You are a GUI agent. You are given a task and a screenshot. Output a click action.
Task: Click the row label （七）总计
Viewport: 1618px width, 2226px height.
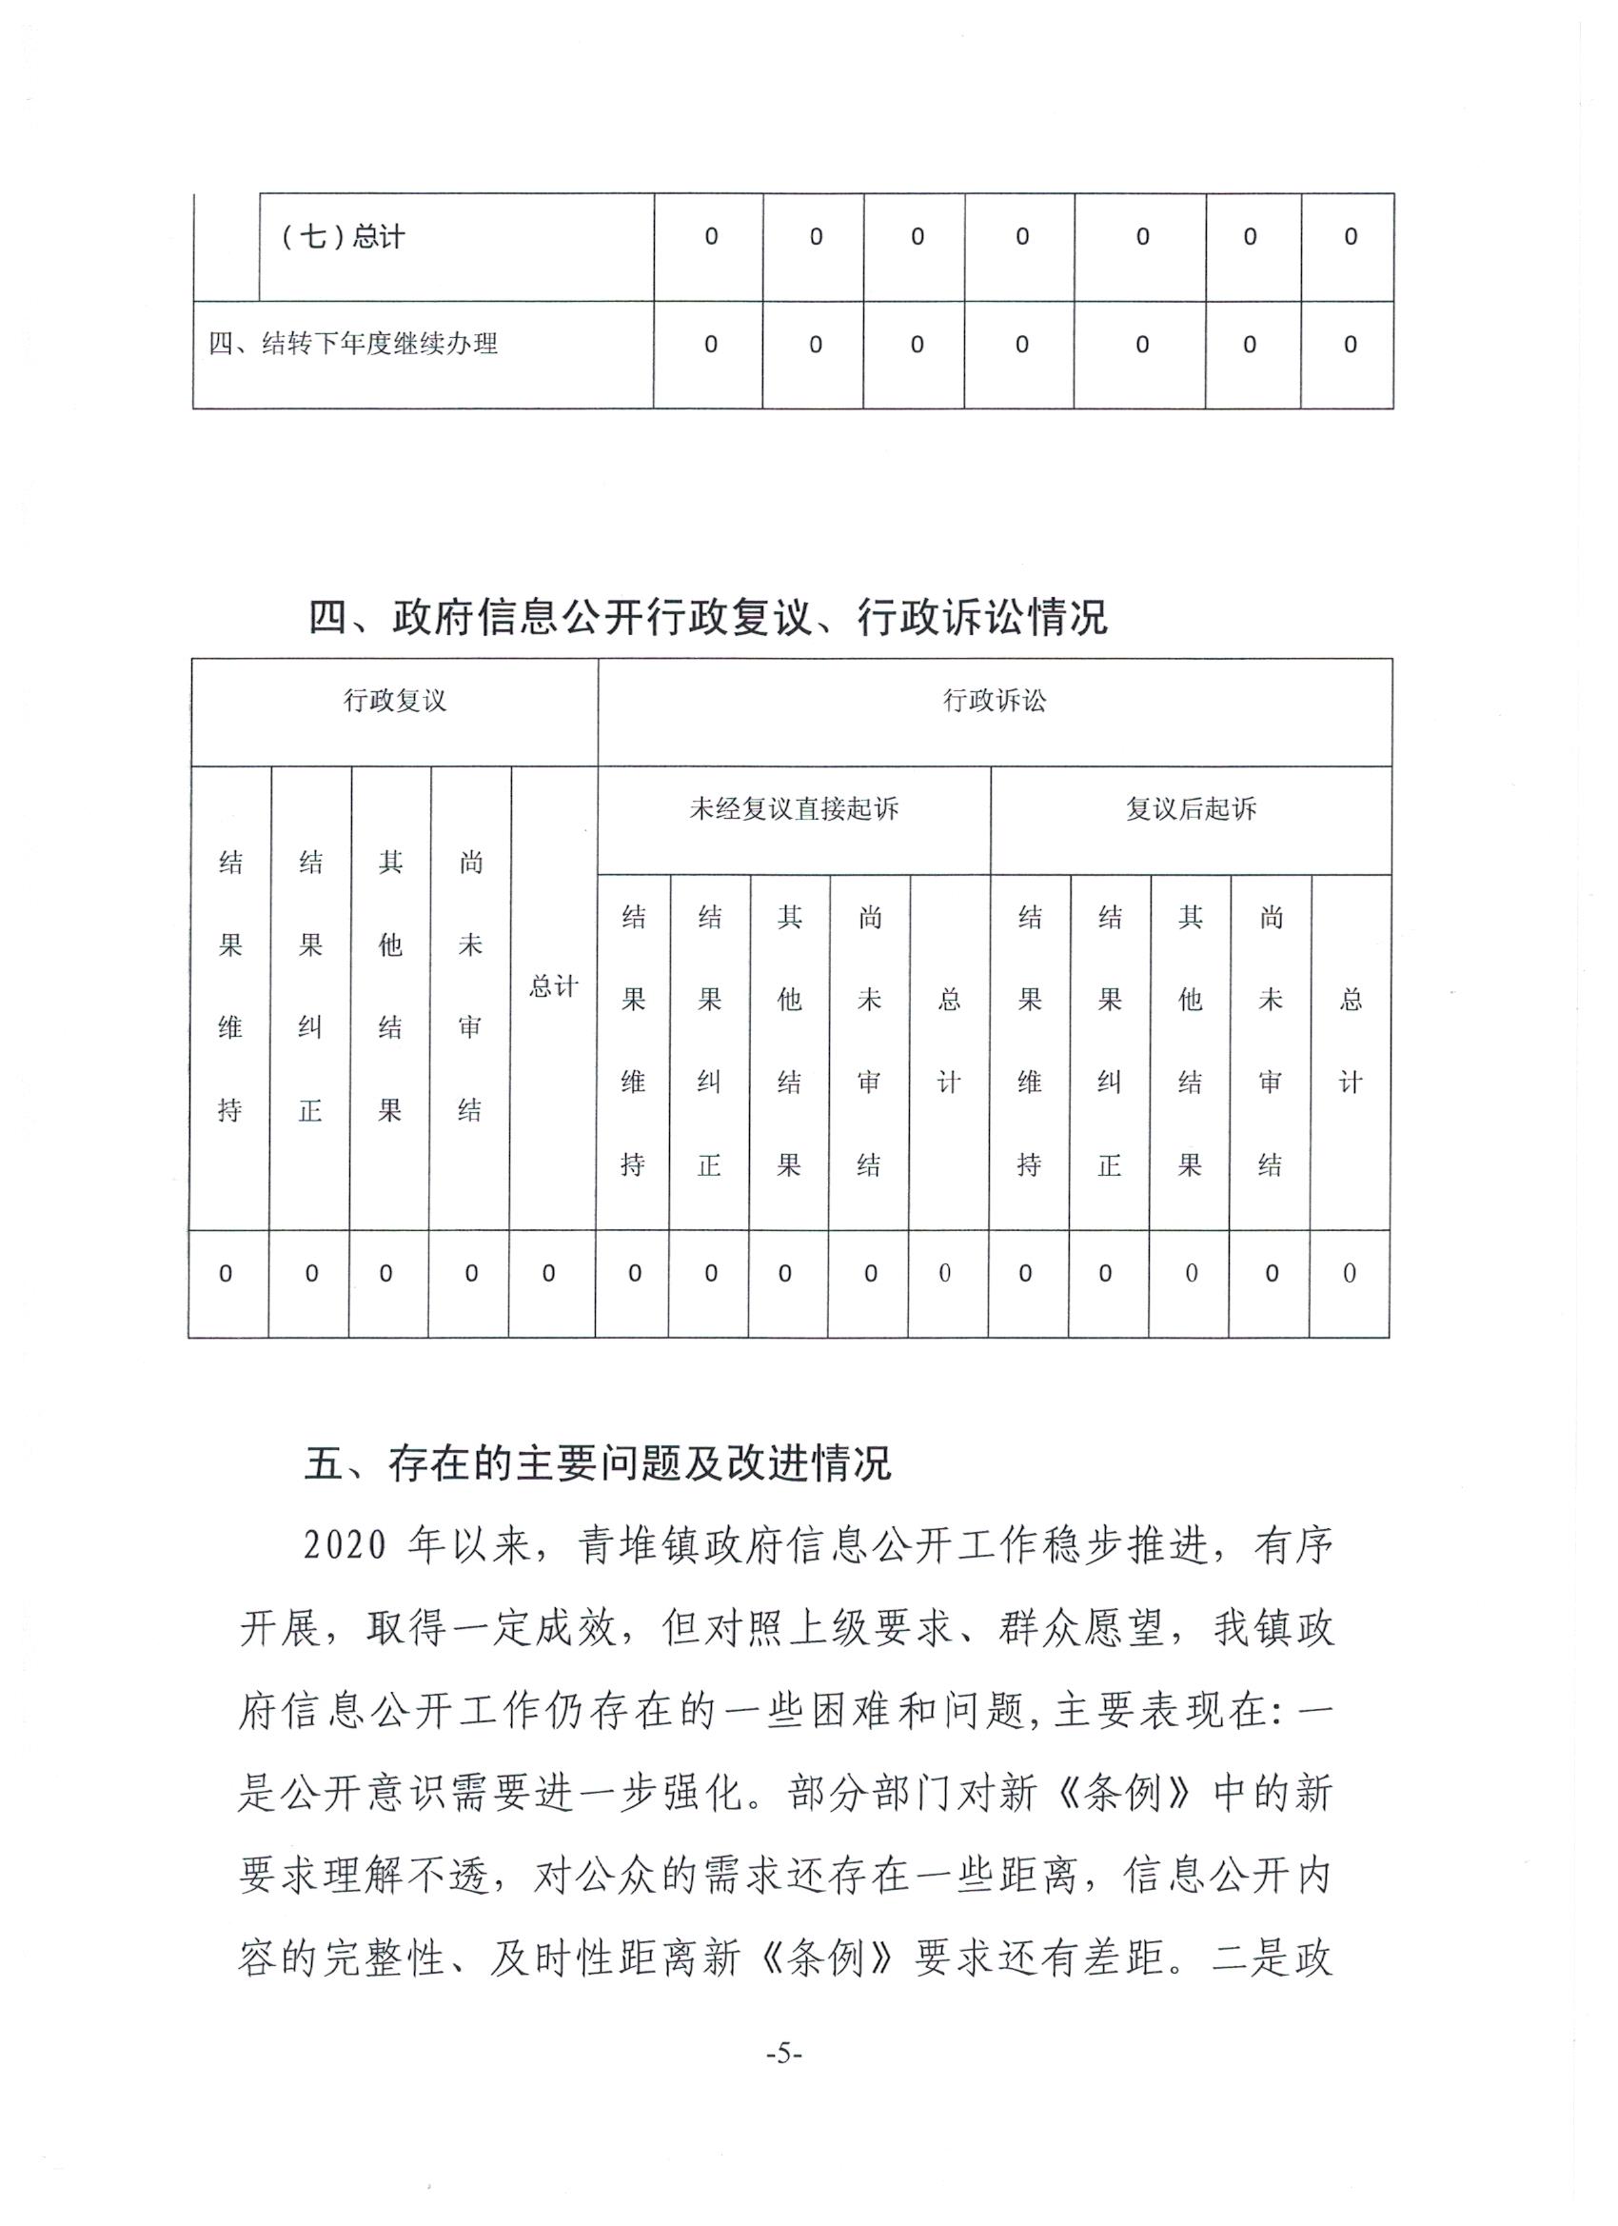[x=343, y=237]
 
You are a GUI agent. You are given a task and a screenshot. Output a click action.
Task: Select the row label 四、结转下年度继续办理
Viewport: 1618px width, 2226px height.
[x=353, y=345]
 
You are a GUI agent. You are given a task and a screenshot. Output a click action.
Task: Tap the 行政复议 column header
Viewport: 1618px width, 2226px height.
[x=394, y=701]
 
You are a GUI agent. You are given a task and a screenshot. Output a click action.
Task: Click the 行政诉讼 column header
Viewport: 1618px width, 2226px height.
[x=994, y=701]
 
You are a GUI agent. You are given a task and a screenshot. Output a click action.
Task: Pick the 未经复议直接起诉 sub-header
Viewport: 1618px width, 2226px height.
[x=793, y=809]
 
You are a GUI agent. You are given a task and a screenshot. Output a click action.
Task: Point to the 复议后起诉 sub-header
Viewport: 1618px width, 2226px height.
[x=1191, y=809]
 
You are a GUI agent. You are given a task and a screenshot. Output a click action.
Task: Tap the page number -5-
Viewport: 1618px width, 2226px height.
[x=784, y=2054]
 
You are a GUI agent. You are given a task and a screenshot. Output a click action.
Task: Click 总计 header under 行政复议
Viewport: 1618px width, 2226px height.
[x=553, y=986]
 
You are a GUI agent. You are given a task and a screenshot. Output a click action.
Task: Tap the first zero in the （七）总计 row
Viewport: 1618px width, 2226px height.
[x=710, y=237]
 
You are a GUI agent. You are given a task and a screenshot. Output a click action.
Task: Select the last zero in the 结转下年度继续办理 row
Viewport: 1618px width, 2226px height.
[x=1350, y=345]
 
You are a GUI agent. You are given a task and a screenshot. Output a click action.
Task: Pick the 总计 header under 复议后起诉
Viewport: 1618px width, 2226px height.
[x=1351, y=1041]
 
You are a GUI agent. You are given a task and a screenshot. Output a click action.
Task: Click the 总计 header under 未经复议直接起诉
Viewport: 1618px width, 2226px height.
[x=949, y=1041]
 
